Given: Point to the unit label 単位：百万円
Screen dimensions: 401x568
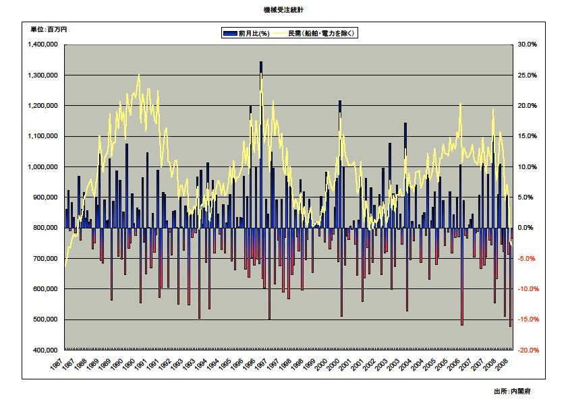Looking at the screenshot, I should pos(49,29).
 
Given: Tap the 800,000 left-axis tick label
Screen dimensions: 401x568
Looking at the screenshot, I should pos(47,228).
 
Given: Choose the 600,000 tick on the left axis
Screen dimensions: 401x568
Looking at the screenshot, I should pos(47,289).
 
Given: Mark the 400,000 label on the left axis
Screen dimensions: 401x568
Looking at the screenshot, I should pos(47,350).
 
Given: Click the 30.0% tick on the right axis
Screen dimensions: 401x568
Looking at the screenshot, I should pos(528,44).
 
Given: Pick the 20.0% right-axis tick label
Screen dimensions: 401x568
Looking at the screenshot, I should pos(528,106).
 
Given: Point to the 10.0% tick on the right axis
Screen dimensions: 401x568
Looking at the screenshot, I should pos(528,167).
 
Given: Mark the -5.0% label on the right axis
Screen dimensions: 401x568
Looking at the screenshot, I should pos(528,259).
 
